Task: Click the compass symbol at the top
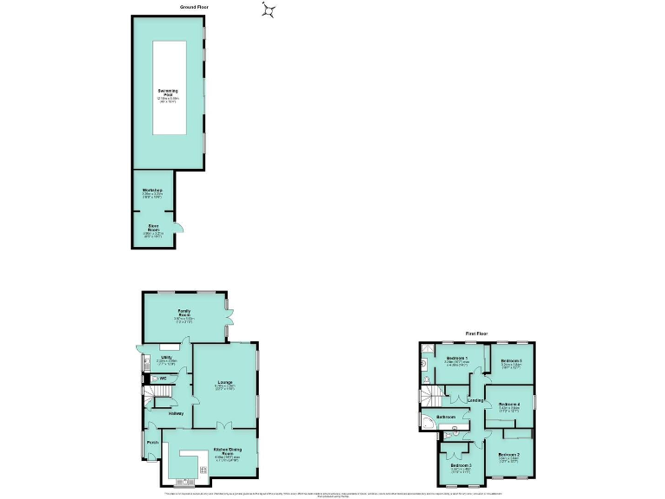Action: coord(271,10)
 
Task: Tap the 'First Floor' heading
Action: coord(477,334)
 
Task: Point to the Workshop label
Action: coord(153,190)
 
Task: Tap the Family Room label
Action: coord(184,311)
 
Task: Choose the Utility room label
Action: coord(165,357)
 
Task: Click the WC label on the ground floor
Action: coord(162,379)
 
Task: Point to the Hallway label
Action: coord(176,412)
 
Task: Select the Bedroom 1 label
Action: coord(457,358)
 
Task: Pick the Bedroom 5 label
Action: coord(511,360)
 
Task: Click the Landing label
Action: coord(475,400)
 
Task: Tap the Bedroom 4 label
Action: coord(510,405)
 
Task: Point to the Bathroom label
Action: coord(446,418)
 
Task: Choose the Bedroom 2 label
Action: coord(509,454)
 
